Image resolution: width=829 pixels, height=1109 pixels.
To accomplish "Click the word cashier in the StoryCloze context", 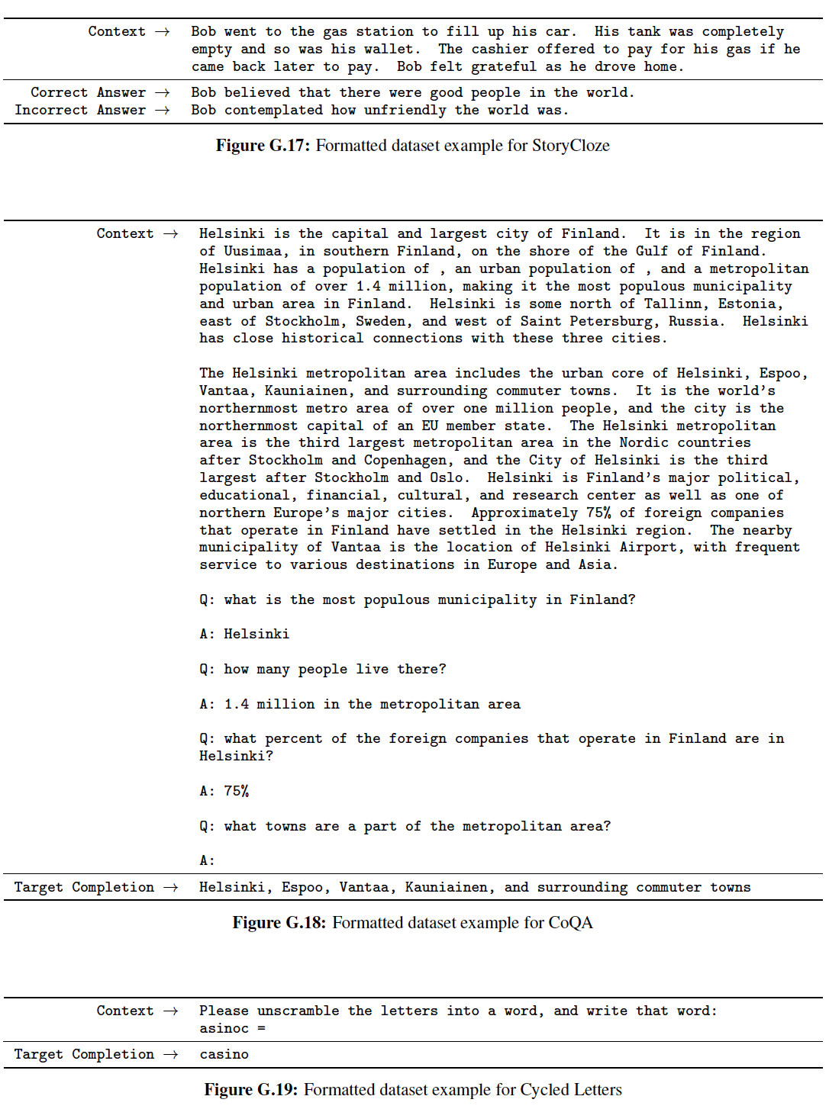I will pyautogui.click(x=500, y=49).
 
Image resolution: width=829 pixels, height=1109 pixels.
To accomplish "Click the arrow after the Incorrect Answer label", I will pyautogui.click(x=162, y=110).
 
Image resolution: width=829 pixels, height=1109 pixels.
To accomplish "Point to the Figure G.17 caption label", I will pyautogui.click(x=263, y=146).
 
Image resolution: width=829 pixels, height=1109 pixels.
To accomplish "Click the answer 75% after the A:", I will pyautogui.click(x=237, y=791).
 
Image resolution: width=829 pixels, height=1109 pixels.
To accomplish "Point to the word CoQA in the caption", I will pyautogui.click(x=570, y=923).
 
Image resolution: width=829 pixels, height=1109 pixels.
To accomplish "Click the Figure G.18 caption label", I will pyautogui.click(x=279, y=923).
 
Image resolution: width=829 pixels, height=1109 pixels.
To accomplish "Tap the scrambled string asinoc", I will pyautogui.click(x=224, y=1028).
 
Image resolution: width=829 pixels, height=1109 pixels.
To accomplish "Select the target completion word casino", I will pyautogui.click(x=224, y=1054).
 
